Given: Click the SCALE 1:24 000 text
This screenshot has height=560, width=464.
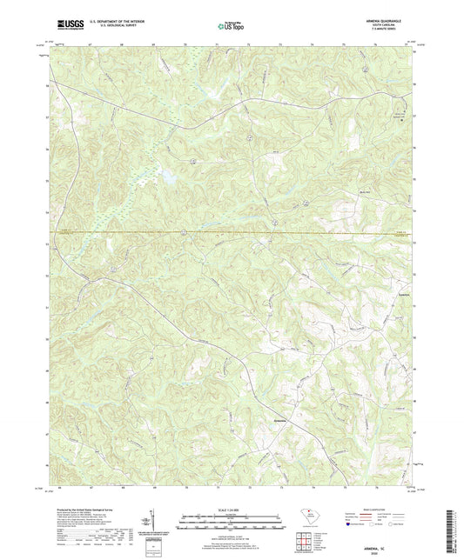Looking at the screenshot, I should pos(231,510).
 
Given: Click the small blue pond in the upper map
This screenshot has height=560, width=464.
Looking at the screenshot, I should pos(166,177).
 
